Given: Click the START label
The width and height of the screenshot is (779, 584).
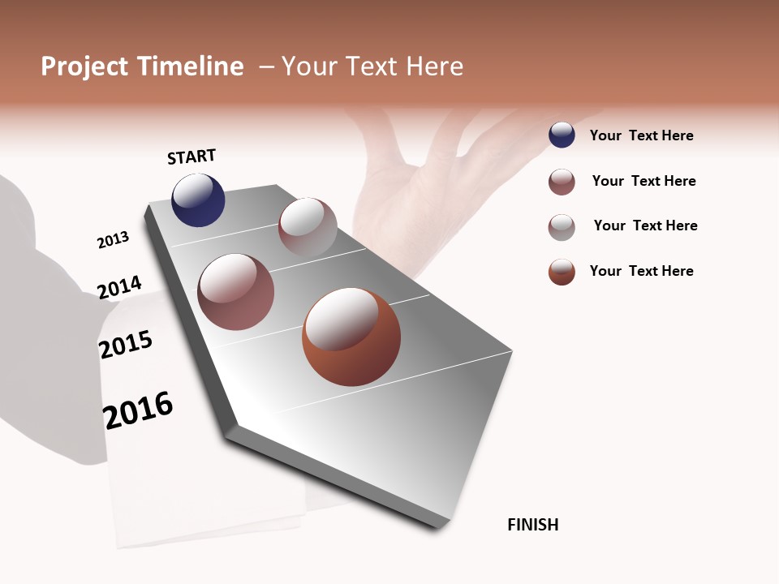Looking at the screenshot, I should click(x=192, y=157).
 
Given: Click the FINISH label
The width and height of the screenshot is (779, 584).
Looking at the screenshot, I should click(x=533, y=525).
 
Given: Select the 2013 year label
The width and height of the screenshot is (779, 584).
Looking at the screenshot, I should click(x=113, y=240).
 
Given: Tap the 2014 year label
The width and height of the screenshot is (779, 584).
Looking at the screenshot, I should click(x=119, y=287).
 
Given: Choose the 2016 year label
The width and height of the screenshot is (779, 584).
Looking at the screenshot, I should click(x=139, y=410).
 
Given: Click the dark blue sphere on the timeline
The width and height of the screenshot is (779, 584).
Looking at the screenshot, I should click(x=198, y=200).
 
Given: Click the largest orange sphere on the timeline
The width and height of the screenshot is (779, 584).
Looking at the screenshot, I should click(x=351, y=337).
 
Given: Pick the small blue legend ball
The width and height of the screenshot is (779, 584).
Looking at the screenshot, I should click(x=562, y=135).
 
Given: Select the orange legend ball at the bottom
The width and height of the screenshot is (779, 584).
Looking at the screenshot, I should click(x=562, y=272).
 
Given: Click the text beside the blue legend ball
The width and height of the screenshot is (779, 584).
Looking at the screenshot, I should click(x=641, y=135).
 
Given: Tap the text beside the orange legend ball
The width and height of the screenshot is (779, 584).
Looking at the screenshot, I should click(x=641, y=271).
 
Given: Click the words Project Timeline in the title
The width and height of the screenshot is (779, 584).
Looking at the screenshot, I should click(x=142, y=67).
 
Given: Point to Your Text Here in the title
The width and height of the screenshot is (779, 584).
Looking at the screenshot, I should click(x=372, y=67).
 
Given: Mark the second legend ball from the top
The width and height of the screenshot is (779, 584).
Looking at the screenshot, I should click(x=562, y=182).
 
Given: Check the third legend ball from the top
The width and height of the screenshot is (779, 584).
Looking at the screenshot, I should click(x=562, y=226).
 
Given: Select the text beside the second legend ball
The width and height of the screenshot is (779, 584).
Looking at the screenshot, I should click(x=643, y=181).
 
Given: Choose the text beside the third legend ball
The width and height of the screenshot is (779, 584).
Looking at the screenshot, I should click(x=645, y=225).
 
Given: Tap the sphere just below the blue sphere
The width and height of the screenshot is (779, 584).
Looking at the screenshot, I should click(x=236, y=292).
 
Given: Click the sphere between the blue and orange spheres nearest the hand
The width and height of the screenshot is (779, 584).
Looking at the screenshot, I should click(x=308, y=227).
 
